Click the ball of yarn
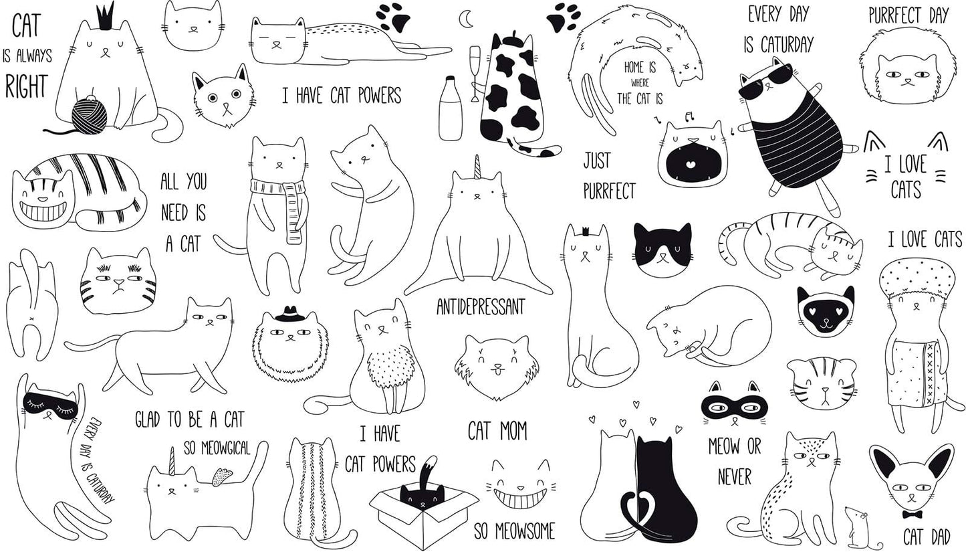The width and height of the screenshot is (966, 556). tap(90, 115)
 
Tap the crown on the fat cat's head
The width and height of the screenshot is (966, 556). tap(105, 17)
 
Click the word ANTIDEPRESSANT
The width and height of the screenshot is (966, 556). tap(481, 307)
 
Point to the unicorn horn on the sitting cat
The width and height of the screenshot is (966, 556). tap(477, 167)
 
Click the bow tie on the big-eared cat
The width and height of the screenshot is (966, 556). tap(912, 515)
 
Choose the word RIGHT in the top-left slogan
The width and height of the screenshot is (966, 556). tap(27, 87)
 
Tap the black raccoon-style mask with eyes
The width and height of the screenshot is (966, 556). tap(734, 406)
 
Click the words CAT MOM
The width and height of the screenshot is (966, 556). tap(497, 431)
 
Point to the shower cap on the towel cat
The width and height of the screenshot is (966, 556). tap(913, 278)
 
